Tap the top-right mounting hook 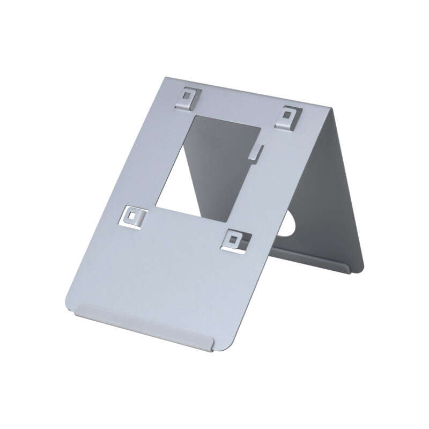click(x=289, y=116)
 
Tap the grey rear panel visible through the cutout click(x=225, y=161)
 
